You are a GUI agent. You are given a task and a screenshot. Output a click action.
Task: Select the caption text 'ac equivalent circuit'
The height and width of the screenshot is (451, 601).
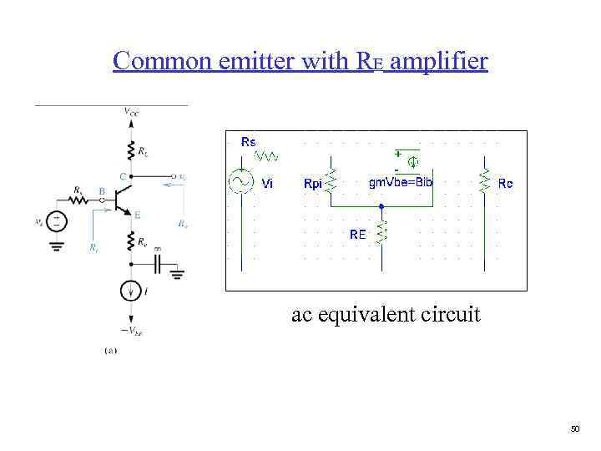[x=386, y=315]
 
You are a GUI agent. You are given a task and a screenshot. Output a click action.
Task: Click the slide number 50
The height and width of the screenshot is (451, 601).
[x=574, y=429]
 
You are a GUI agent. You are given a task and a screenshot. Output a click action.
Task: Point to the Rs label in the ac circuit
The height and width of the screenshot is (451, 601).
[x=249, y=142]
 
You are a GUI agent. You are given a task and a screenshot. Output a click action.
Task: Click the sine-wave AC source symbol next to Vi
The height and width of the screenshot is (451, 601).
[x=242, y=181]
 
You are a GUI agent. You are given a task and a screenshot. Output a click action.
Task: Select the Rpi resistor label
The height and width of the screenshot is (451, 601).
[x=313, y=184]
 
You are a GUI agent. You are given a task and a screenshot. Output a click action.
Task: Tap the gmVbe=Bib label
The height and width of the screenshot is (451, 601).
[x=401, y=183]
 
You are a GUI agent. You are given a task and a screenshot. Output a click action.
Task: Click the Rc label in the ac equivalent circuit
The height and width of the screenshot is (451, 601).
[x=505, y=184]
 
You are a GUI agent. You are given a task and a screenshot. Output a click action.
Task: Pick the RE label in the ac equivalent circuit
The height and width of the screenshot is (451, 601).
[x=357, y=235]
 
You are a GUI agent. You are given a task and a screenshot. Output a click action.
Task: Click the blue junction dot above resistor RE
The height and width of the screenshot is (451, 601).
[x=381, y=205]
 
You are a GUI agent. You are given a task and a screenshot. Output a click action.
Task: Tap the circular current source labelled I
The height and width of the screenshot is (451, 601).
[x=131, y=291]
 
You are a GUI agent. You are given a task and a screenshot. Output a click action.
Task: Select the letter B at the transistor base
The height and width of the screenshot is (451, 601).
[x=101, y=190]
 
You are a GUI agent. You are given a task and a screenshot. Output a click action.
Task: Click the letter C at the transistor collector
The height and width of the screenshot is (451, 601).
[x=122, y=176]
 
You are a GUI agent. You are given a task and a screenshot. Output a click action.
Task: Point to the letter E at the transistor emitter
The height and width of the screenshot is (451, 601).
[x=138, y=215]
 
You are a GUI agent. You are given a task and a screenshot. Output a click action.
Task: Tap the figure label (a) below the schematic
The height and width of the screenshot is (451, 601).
[x=110, y=351]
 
